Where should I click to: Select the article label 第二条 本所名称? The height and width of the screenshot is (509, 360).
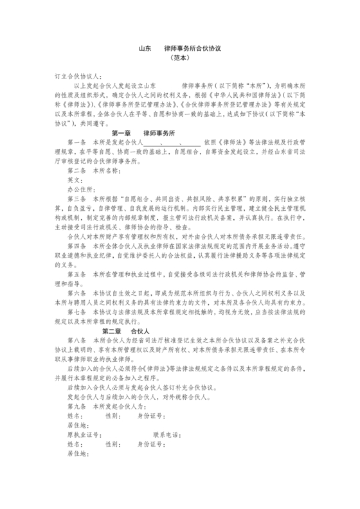pyautogui.click(x=93, y=172)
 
